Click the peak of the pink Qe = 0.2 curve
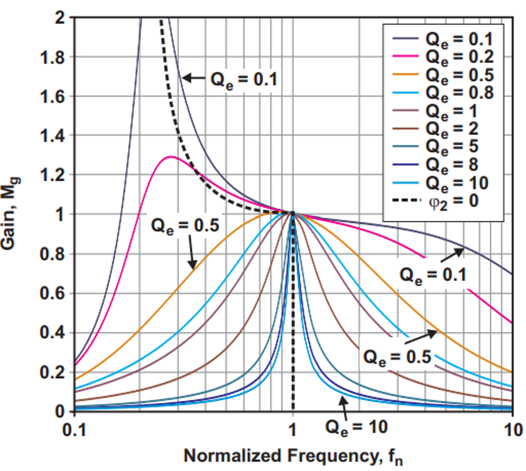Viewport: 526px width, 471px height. pyautogui.click(x=170, y=157)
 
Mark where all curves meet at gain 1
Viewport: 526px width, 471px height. pyautogui.click(x=293, y=213)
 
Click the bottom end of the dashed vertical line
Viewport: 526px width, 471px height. pyautogui.click(x=293, y=410)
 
